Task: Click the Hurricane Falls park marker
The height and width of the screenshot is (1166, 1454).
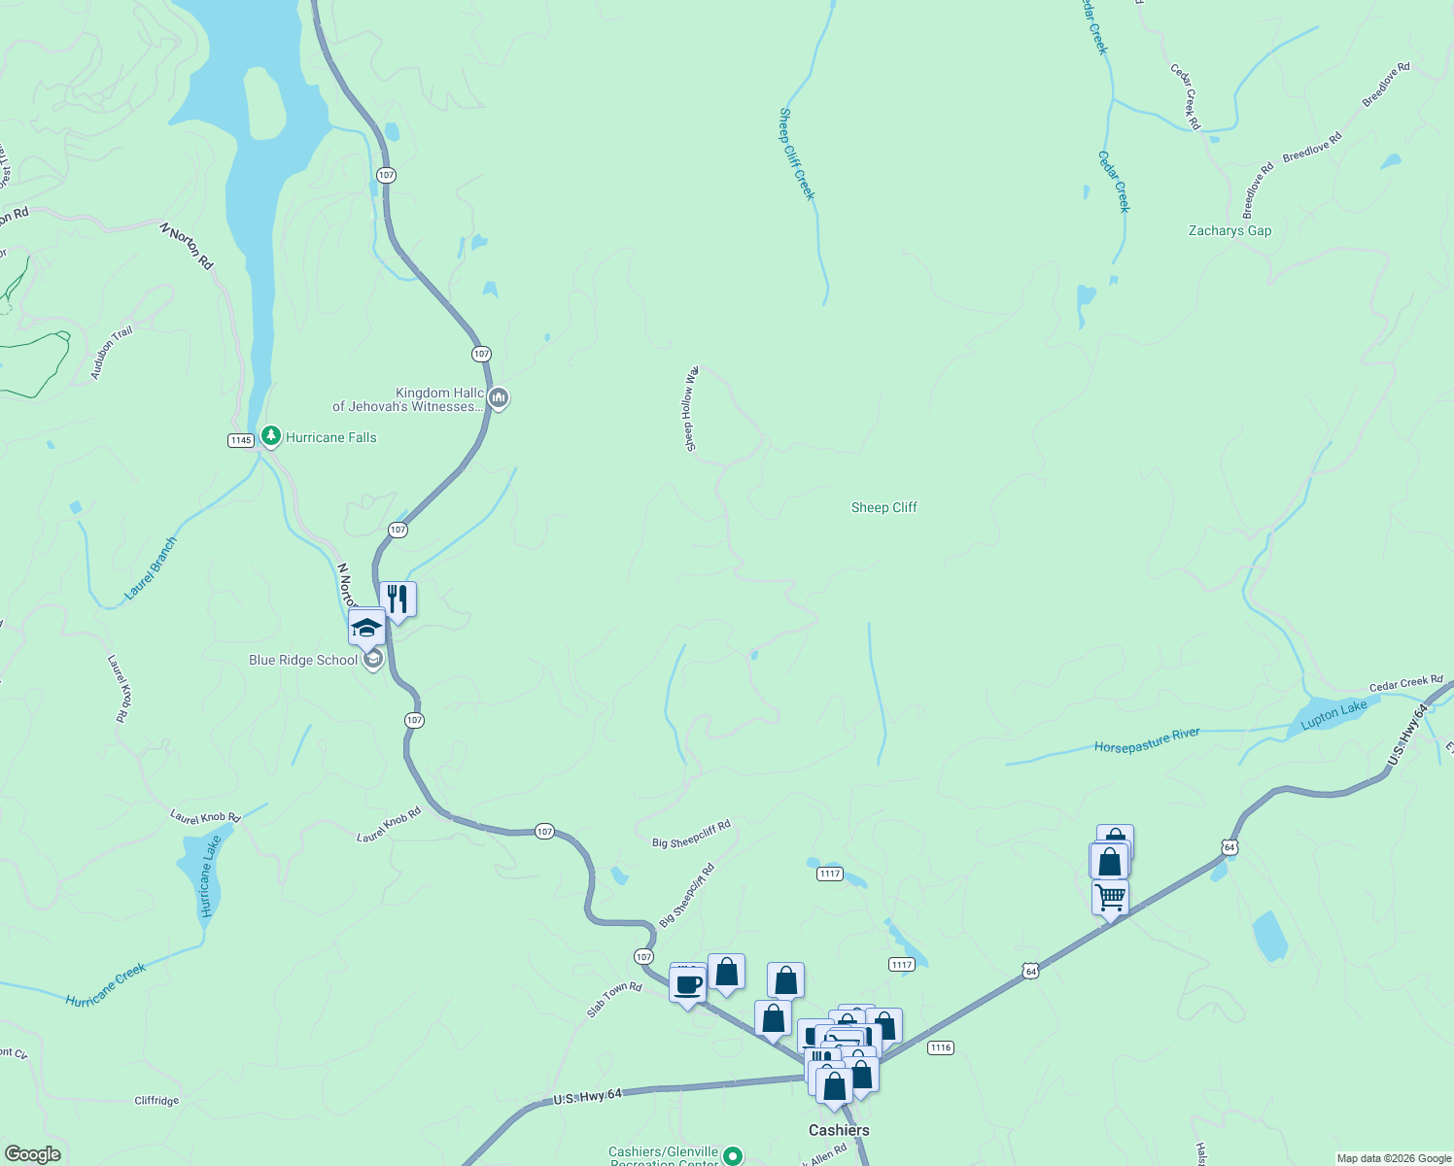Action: click(x=272, y=437)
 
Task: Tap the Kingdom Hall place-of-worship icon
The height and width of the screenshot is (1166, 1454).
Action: click(x=499, y=397)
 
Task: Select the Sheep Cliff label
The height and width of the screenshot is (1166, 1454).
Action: click(x=883, y=507)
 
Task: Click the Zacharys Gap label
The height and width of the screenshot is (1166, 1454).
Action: click(x=1229, y=231)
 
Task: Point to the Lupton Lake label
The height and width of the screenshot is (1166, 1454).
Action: click(x=1333, y=714)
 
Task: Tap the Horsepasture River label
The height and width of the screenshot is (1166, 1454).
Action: click(x=1147, y=740)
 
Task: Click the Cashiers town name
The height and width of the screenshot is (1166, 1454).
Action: click(x=839, y=1130)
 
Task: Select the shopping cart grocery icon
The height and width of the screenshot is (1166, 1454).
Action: click(x=1110, y=896)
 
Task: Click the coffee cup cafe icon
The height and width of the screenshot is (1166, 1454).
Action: click(x=688, y=984)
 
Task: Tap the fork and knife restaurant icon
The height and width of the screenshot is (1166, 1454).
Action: click(x=398, y=598)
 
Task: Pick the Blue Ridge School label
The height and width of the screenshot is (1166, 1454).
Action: click(x=303, y=661)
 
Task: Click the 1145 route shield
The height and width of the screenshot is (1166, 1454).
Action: click(x=241, y=440)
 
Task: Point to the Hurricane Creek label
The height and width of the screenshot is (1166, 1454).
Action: click(x=106, y=984)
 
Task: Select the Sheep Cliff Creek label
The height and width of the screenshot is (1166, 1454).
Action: click(x=796, y=154)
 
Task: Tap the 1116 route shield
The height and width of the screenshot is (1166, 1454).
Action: click(x=940, y=1047)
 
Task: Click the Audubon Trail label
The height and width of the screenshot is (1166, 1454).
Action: click(x=112, y=353)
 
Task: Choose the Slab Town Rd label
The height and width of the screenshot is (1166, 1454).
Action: click(x=614, y=1000)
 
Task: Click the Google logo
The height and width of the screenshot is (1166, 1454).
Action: click(x=33, y=1154)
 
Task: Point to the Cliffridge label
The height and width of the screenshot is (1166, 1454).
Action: click(x=156, y=1101)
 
